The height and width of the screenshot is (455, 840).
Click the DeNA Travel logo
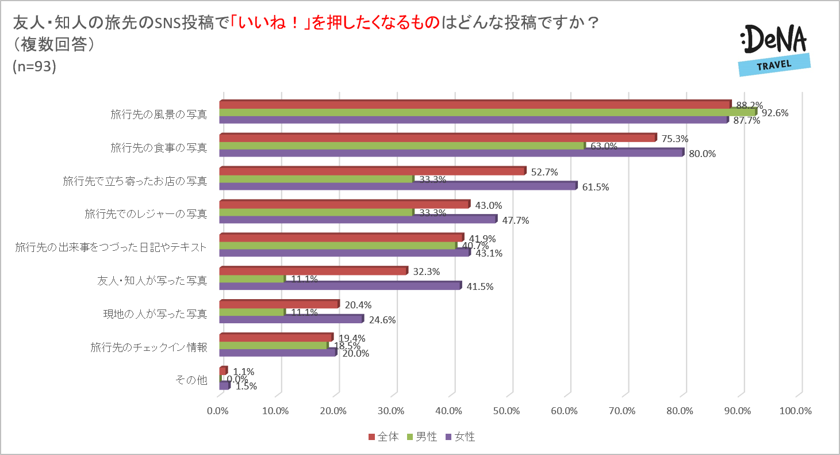click(x=774, y=50)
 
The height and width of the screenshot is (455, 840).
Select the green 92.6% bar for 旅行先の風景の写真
click(x=487, y=112)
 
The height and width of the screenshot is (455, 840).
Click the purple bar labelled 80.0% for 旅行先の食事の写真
click(x=451, y=153)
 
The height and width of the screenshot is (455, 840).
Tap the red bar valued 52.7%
click(x=372, y=171)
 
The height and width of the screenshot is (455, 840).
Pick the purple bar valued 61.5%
click(x=397, y=186)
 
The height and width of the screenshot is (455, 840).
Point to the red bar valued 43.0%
click(x=344, y=204)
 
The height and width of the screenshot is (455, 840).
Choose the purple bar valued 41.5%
click(x=340, y=286)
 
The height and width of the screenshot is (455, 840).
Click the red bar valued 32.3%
click(x=313, y=271)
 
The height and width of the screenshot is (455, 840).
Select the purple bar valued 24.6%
click(x=291, y=319)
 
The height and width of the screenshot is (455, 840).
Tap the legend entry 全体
click(x=383, y=437)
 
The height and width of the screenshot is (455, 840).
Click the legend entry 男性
click(x=423, y=437)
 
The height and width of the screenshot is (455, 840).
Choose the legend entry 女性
click(x=461, y=437)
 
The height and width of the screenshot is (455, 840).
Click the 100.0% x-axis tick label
click(x=796, y=411)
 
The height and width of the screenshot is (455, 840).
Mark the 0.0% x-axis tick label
click(x=217, y=411)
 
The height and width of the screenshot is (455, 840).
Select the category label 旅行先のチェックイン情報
click(x=149, y=347)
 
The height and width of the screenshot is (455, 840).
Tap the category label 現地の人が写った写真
click(x=155, y=313)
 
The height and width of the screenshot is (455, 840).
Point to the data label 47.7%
click(x=515, y=220)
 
